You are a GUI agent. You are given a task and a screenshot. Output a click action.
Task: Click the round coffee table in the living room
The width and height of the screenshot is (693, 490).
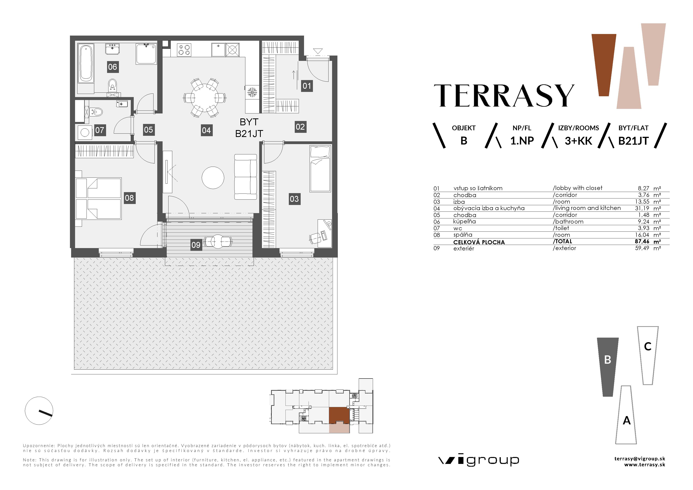(213, 177)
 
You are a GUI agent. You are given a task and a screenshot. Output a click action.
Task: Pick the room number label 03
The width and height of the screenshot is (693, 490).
(294, 199)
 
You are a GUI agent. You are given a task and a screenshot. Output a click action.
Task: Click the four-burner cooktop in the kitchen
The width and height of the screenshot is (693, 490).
(184, 50)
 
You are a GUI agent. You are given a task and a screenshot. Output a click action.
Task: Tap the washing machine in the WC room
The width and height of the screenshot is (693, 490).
(85, 132)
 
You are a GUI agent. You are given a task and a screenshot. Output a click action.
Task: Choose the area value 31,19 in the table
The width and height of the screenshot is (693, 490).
(642, 208)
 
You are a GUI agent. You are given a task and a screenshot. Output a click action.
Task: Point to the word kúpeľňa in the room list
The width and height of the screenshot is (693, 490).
(464, 222)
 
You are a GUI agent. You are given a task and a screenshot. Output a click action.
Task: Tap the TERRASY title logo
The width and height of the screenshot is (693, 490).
(504, 95)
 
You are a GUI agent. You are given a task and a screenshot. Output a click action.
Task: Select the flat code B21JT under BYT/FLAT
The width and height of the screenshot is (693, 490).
(633, 141)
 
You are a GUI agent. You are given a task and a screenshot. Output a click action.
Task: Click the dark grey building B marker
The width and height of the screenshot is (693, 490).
(608, 367)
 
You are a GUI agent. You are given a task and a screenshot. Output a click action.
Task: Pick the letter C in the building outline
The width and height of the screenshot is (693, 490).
(648, 346)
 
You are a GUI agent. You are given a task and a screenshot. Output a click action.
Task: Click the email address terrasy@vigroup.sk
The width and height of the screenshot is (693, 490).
(640, 459)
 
